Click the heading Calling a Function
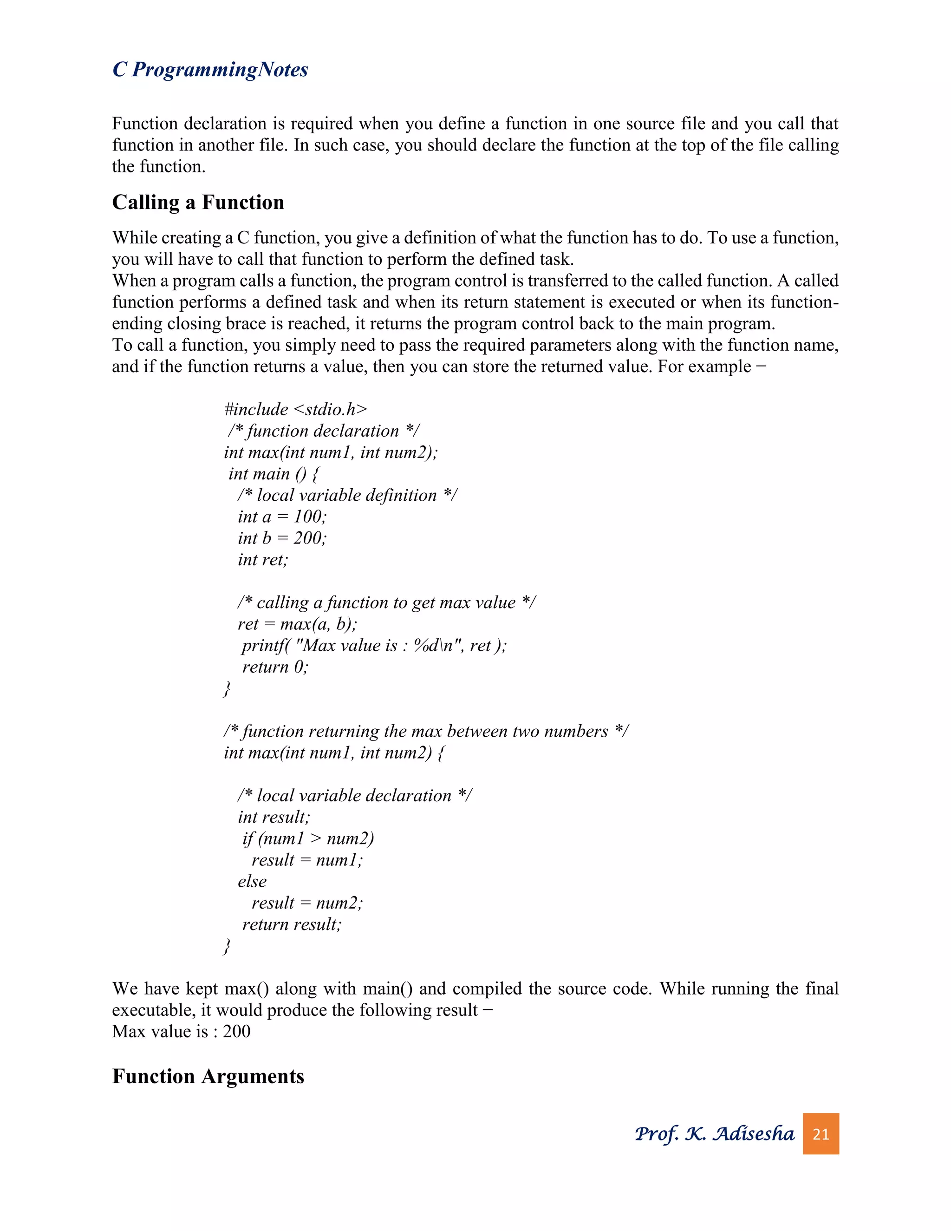[198, 203]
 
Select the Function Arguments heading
[208, 1076]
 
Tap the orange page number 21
[821, 1133]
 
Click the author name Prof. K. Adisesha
[714, 1133]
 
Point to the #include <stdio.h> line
[295, 409]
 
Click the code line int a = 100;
[282, 516]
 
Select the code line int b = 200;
[282, 538]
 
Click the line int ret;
[262, 560]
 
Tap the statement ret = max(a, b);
[297, 624]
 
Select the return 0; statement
[275, 667]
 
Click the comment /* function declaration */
[323, 431]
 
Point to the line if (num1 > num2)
[307, 838]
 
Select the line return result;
[291, 924]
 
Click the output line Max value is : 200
[181, 1031]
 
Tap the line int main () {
[273, 473]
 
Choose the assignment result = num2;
[307, 903]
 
